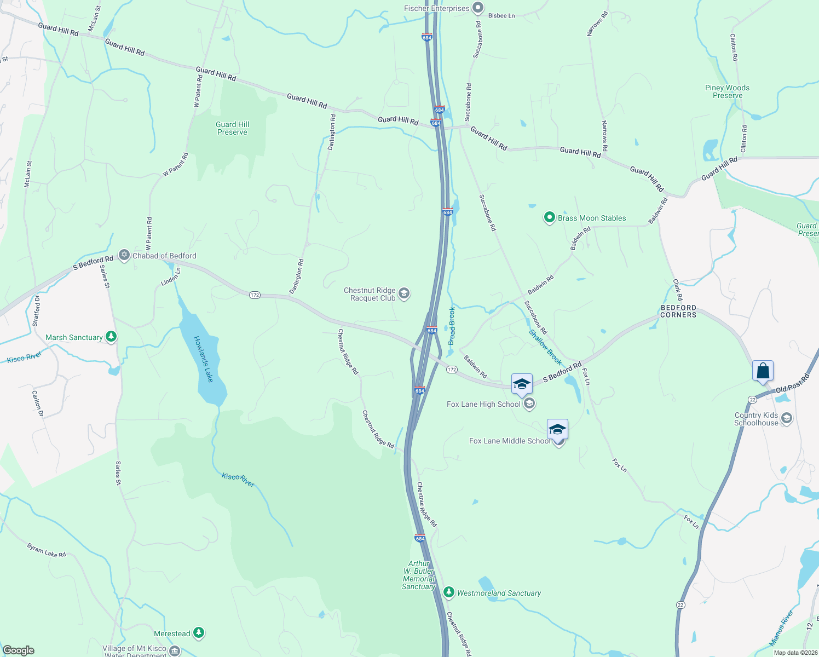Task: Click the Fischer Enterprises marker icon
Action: pos(478,8)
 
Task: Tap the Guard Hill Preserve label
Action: pos(232,128)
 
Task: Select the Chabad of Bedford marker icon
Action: pos(124,256)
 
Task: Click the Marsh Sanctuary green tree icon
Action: pos(111,336)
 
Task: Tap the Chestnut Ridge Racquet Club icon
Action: pos(404,294)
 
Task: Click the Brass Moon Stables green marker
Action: pos(549,217)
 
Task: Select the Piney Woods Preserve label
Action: pos(727,91)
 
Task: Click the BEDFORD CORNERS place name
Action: pos(678,311)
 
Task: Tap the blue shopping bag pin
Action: pos(763,371)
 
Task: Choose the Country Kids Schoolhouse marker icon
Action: pos(787,419)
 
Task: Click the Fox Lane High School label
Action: pos(483,404)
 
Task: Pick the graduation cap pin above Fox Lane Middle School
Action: pos(557,429)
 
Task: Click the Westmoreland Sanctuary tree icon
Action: pos(449,592)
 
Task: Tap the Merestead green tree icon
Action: pos(199,633)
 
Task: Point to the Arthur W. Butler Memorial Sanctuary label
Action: pos(419,575)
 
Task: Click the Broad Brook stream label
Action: pos(452,326)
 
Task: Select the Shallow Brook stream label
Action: pos(545,347)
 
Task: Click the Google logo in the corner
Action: pos(18,650)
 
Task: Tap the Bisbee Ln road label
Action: pos(501,16)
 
